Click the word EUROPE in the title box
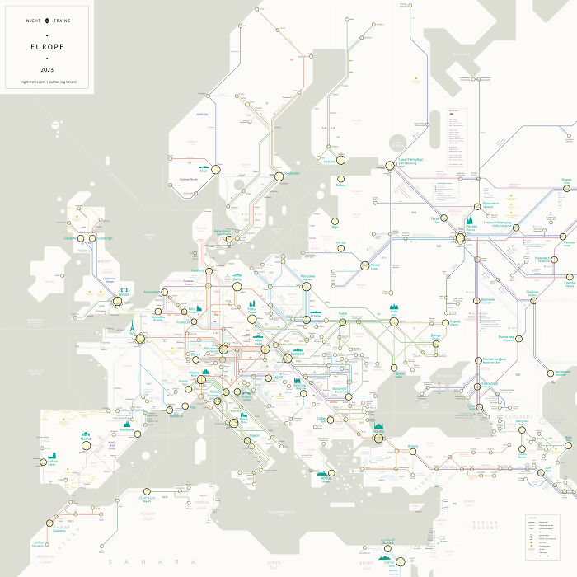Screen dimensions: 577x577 click(x=47, y=47)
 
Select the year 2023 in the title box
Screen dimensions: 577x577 click(x=47, y=68)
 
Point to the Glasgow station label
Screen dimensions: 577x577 click(x=69, y=238)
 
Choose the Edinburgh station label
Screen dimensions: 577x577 click(x=102, y=238)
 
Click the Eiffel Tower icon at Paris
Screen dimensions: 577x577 click(x=129, y=326)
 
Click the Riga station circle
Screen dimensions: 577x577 click(x=335, y=222)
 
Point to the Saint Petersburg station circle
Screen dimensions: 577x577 click(x=390, y=166)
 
